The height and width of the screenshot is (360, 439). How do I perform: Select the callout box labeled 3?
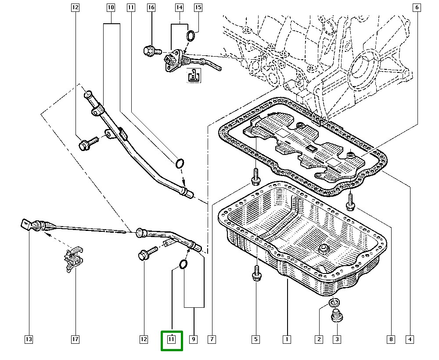pos(337,339)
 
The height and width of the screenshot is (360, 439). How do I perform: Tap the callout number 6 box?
pos(417,7)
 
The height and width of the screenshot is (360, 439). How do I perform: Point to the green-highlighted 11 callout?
pos(172,340)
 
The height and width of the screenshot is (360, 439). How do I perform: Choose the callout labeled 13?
pos(29,339)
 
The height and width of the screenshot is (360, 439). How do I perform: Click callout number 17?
pos(75,339)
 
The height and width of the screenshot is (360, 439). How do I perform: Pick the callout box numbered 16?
pos(151,7)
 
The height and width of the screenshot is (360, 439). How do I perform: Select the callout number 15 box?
pos(198,7)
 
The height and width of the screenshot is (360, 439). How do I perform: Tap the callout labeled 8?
pos(390,339)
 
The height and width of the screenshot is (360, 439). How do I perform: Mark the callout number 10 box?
pos(110,7)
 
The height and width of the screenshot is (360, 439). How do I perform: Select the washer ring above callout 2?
pos(335,303)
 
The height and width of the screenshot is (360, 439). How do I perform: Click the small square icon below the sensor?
pos(193,76)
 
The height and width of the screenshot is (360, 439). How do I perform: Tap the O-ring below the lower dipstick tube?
pos(183,264)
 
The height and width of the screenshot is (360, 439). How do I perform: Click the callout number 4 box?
pos(409,339)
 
